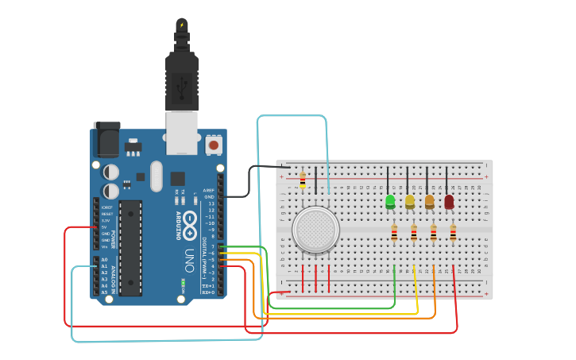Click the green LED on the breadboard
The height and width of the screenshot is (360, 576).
pyautogui.click(x=390, y=201)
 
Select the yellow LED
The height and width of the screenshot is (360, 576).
pyautogui.click(x=410, y=201)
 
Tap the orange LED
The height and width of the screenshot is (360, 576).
pyautogui.click(x=430, y=201)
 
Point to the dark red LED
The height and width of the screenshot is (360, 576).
pyautogui.click(x=449, y=202)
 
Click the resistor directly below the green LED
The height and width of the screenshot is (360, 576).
pyautogui.click(x=395, y=233)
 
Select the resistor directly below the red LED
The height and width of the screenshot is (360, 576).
pyautogui.click(x=453, y=233)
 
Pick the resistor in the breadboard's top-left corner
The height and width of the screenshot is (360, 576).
pyautogui.click(x=302, y=180)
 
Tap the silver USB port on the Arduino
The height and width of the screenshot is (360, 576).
pyautogui.click(x=181, y=132)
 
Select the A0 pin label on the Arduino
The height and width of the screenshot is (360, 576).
pyautogui.click(x=105, y=260)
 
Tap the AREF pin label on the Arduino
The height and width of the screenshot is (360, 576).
pyautogui.click(x=209, y=191)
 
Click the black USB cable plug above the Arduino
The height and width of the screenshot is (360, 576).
pyautogui.click(x=182, y=79)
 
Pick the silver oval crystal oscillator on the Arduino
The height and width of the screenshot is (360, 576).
pyautogui.click(x=155, y=176)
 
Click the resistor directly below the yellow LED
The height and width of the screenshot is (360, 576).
pyautogui.click(x=414, y=233)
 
